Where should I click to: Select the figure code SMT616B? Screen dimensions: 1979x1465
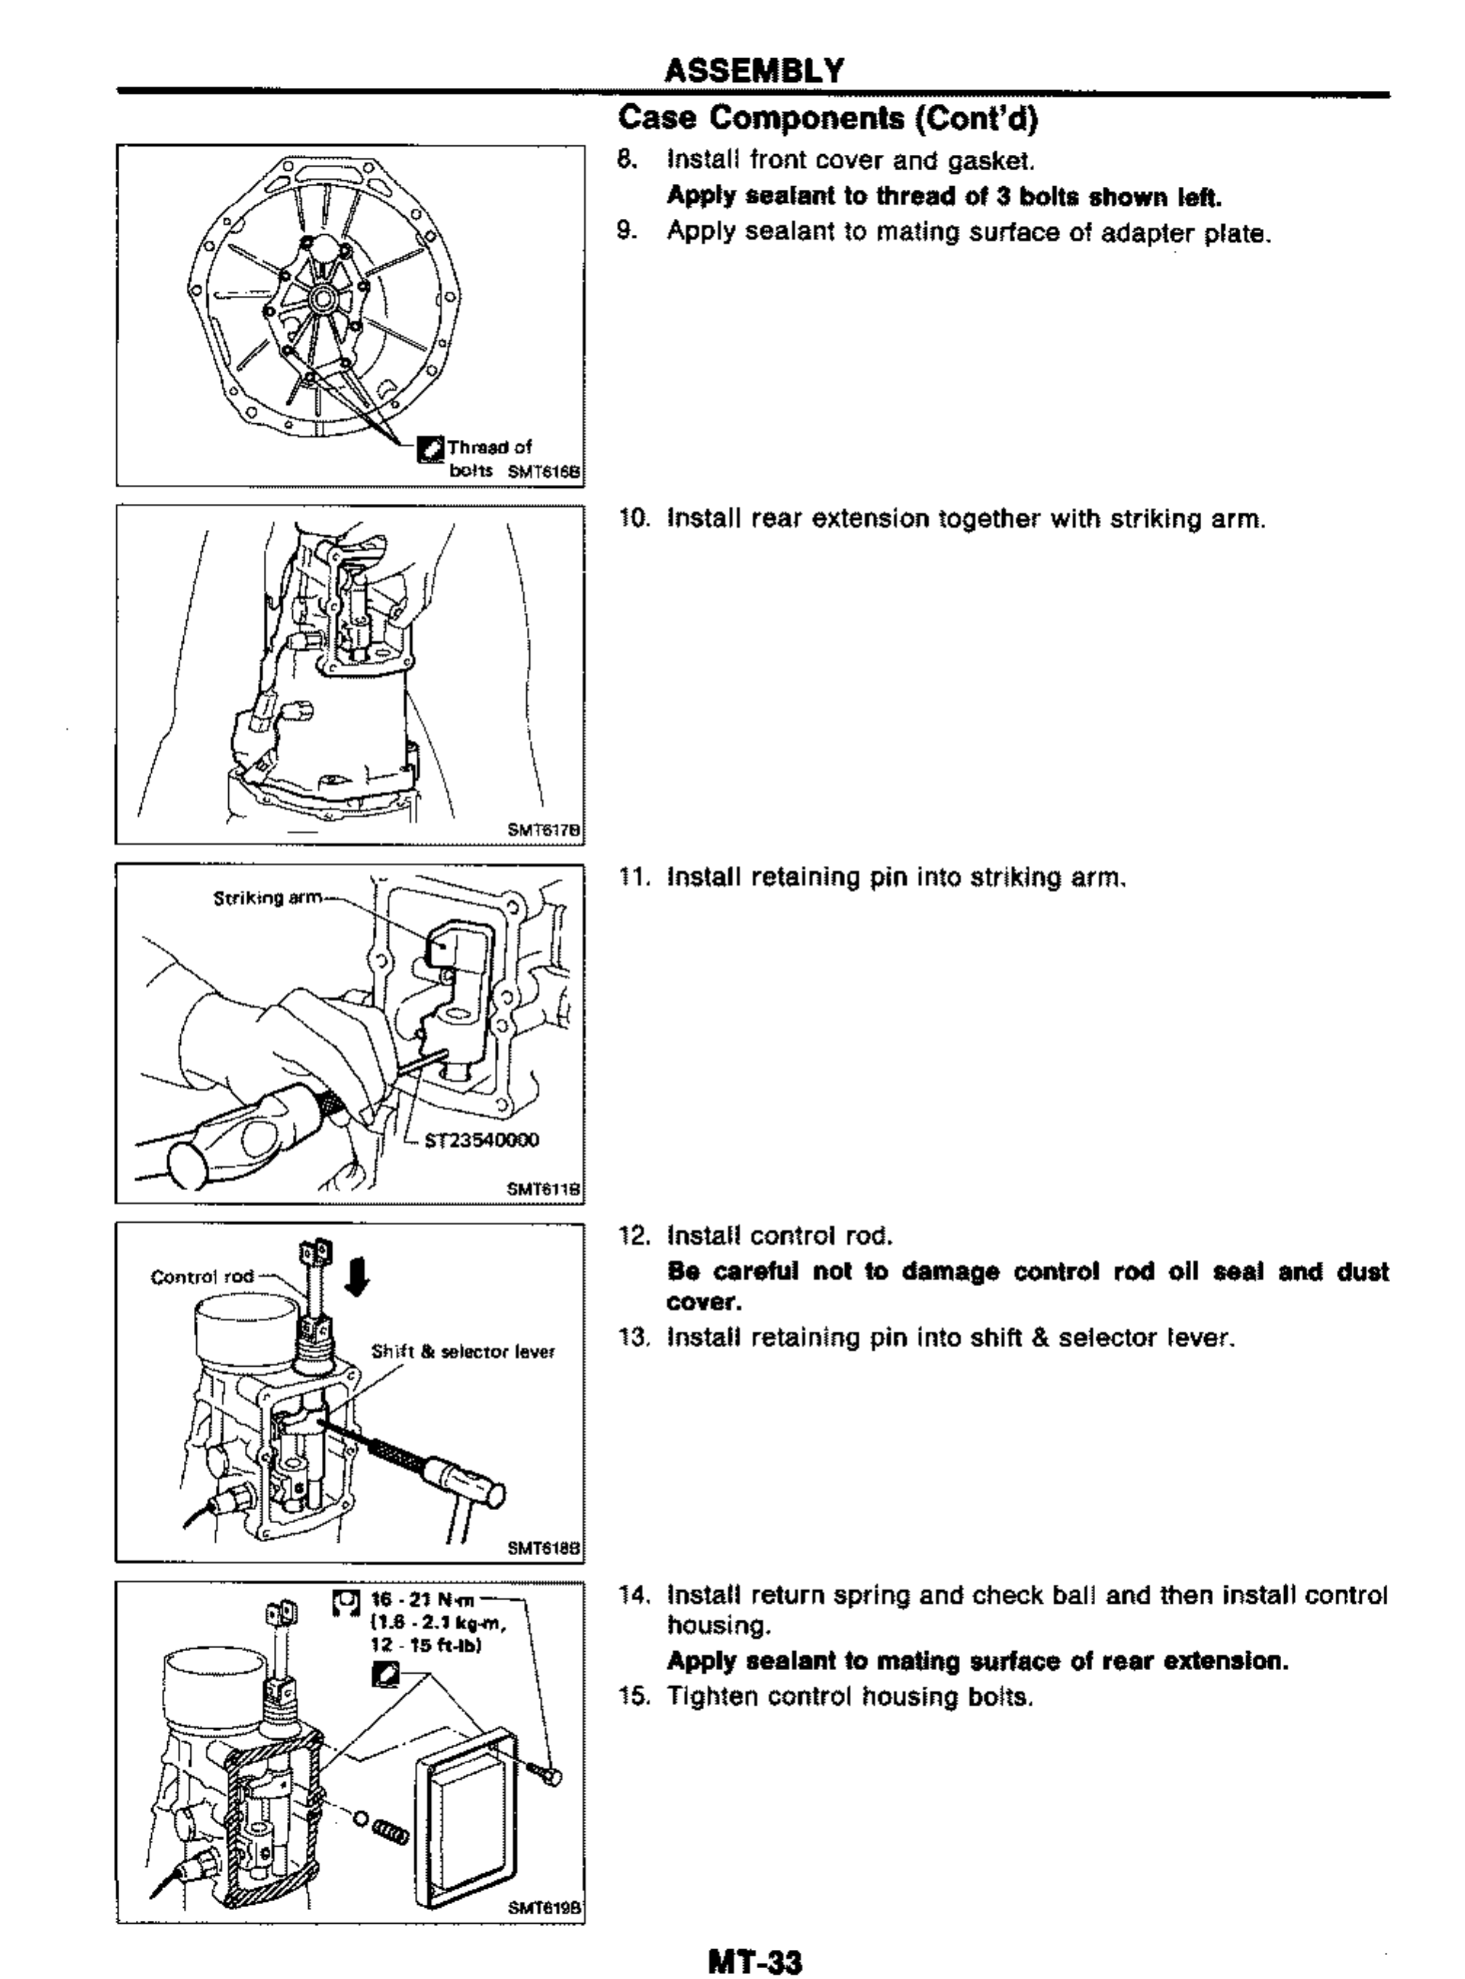tap(544, 473)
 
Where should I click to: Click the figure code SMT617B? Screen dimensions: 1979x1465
tap(544, 830)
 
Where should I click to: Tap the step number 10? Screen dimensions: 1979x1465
tap(633, 519)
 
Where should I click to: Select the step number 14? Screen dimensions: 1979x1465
tap(633, 1596)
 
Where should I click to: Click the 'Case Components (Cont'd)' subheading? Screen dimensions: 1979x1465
tap(826, 118)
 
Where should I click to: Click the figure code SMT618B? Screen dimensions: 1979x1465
tap(544, 1549)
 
